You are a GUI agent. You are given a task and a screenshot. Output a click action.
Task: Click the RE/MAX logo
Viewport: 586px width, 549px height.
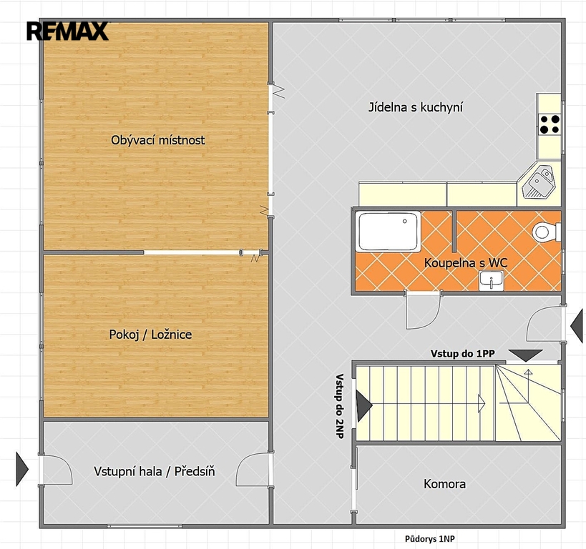point(68,31)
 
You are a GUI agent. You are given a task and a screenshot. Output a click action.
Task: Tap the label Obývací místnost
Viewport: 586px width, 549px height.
point(157,140)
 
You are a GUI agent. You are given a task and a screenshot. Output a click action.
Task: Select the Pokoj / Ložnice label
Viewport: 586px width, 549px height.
point(150,335)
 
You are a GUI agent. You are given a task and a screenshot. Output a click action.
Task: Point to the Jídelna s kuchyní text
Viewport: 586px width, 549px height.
point(416,107)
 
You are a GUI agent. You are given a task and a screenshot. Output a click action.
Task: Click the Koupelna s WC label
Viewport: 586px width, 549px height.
point(466,262)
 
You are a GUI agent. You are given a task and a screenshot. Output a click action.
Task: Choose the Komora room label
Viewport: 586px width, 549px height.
point(445,484)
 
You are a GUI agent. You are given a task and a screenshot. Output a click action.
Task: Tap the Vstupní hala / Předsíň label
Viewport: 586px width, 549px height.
point(155,471)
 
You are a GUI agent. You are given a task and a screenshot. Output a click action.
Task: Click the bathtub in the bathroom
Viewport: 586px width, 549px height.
point(388,231)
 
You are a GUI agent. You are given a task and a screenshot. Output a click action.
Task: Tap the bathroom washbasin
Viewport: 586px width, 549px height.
point(491,280)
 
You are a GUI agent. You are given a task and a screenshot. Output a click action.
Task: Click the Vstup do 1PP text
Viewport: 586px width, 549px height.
point(463,353)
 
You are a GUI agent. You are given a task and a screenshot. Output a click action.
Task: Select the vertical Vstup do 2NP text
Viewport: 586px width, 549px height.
point(340,406)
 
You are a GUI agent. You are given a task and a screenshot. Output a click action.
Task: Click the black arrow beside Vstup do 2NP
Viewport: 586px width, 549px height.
point(364,405)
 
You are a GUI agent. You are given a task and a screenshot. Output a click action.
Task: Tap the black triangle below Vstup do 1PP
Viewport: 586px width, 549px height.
point(525,355)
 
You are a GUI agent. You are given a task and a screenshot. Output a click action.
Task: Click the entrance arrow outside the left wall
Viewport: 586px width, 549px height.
point(22,469)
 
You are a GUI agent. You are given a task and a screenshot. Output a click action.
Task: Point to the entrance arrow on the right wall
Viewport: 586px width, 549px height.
point(577,326)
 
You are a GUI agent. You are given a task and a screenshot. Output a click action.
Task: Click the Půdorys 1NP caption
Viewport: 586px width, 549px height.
point(430,539)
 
